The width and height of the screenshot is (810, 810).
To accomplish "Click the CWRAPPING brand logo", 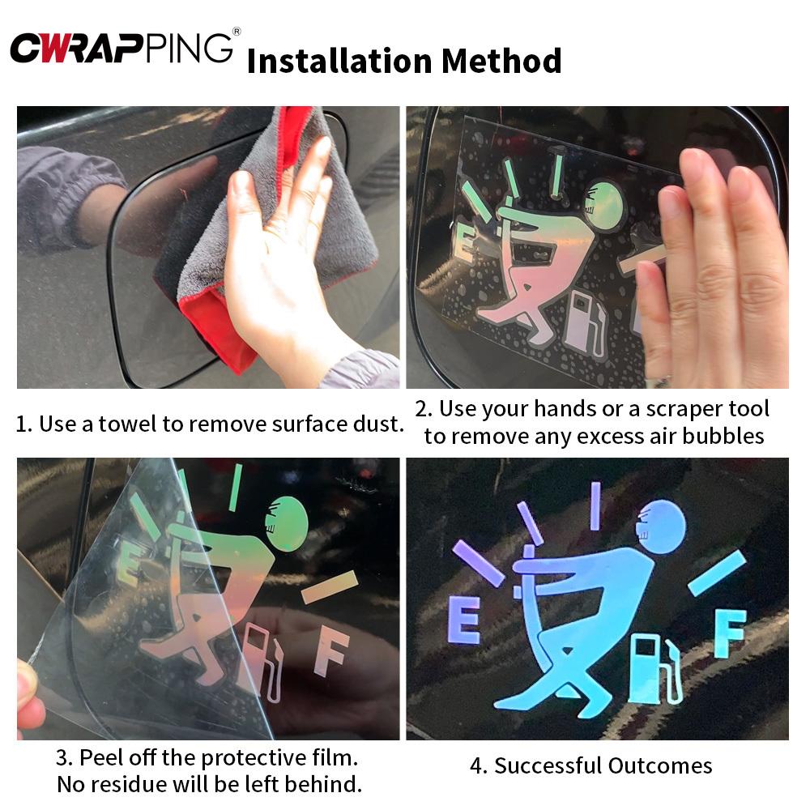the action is tap(122, 48).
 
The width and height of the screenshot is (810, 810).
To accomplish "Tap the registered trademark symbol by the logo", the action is tap(237, 32).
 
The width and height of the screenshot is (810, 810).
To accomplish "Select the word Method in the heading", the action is tap(501, 61).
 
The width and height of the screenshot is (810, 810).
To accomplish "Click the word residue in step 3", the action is tap(130, 784).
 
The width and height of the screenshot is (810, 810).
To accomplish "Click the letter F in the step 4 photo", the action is tap(730, 633).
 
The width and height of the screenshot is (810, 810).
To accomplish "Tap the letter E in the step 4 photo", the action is tap(463, 619).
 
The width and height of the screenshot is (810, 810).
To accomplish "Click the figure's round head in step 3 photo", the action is tap(287, 523).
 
